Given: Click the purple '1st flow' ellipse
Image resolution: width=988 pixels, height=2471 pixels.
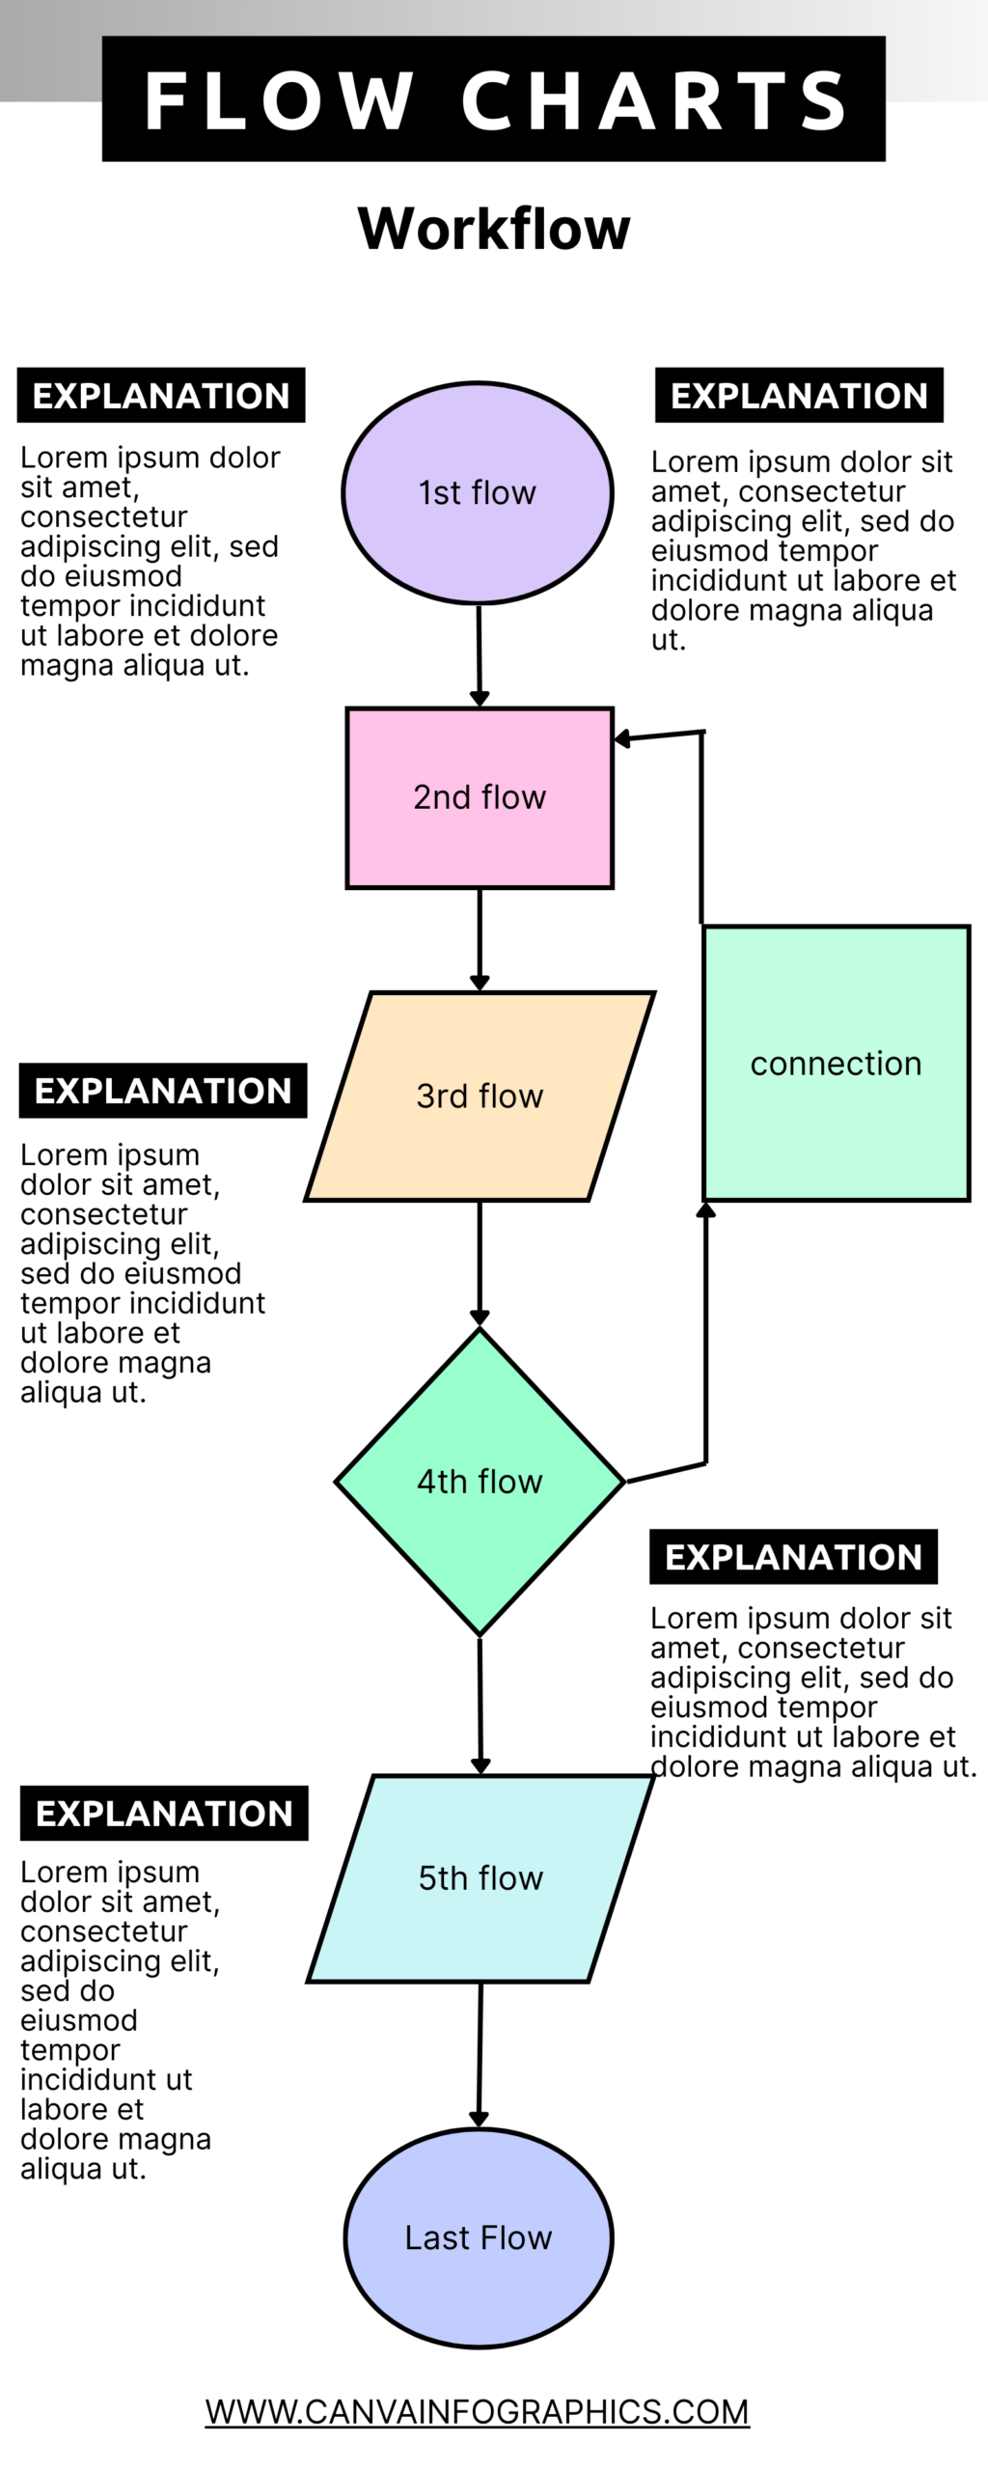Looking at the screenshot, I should [478, 492].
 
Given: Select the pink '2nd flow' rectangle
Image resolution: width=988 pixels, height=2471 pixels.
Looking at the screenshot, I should [480, 797].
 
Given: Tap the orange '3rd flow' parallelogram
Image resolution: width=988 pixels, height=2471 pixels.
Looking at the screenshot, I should [480, 1096].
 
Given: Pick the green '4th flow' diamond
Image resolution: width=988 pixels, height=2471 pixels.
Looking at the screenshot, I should [480, 1481].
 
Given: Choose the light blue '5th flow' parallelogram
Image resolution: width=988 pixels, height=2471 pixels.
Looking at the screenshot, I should [480, 1877].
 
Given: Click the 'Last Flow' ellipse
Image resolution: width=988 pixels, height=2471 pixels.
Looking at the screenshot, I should [479, 2236].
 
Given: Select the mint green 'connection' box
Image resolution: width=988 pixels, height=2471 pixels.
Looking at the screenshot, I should [836, 1063].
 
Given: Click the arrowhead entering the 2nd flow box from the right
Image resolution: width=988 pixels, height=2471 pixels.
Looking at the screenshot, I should [623, 738].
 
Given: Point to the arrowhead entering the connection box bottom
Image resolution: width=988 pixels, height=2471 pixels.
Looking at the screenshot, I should [706, 1210].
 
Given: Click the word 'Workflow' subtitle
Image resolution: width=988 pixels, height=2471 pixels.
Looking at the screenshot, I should [494, 229].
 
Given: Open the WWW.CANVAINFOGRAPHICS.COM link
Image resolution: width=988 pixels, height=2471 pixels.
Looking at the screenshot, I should [477, 2410].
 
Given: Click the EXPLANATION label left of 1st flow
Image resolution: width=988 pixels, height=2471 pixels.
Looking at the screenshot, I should [161, 396].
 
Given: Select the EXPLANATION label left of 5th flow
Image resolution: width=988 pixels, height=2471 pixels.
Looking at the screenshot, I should [164, 1813].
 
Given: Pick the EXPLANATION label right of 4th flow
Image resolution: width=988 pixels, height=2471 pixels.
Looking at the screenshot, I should [793, 1556].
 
